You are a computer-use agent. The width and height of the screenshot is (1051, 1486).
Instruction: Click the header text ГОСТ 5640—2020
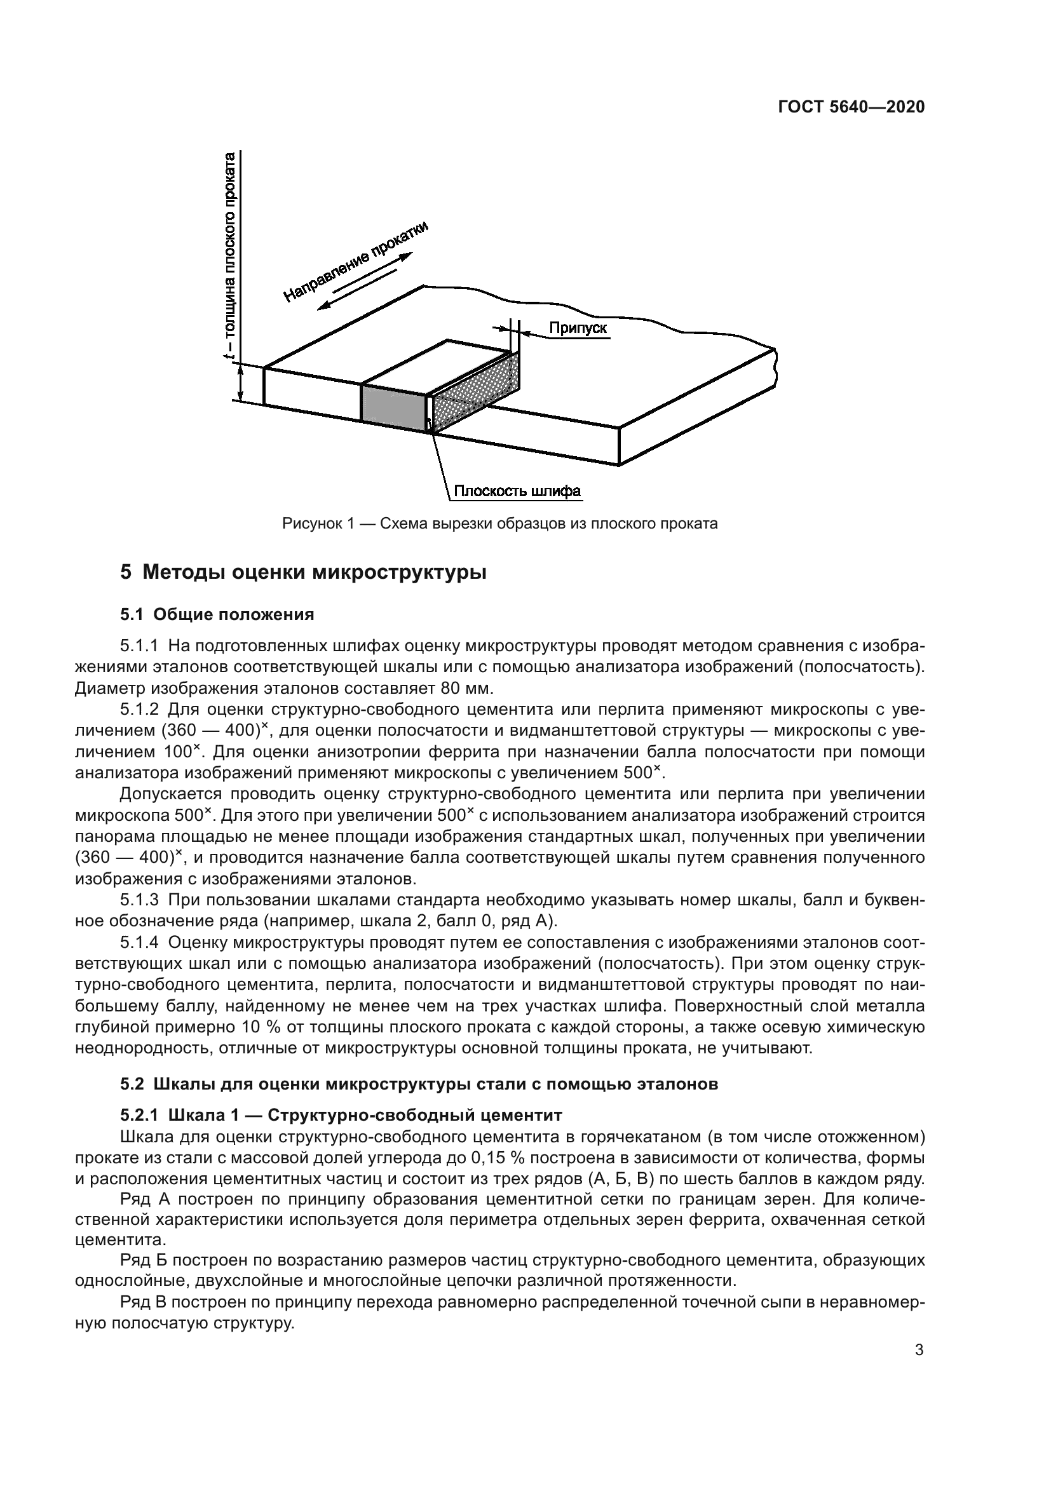[850, 107]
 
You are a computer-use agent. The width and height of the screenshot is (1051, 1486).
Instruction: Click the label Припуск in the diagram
[578, 328]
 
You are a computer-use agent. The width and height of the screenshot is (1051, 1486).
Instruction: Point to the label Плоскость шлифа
[517, 491]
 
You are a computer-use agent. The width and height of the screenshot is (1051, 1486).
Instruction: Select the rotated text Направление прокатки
[356, 262]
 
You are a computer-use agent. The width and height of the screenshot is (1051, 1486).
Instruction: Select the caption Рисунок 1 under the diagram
[499, 523]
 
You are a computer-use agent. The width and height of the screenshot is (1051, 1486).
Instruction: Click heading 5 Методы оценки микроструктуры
[303, 573]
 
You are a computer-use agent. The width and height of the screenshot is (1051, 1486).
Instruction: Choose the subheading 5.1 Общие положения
[217, 614]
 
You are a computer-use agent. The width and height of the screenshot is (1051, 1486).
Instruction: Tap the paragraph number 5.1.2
[139, 710]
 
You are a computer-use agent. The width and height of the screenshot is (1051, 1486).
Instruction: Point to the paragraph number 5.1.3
[139, 900]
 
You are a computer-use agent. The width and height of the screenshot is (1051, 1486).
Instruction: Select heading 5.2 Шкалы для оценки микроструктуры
[419, 1084]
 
